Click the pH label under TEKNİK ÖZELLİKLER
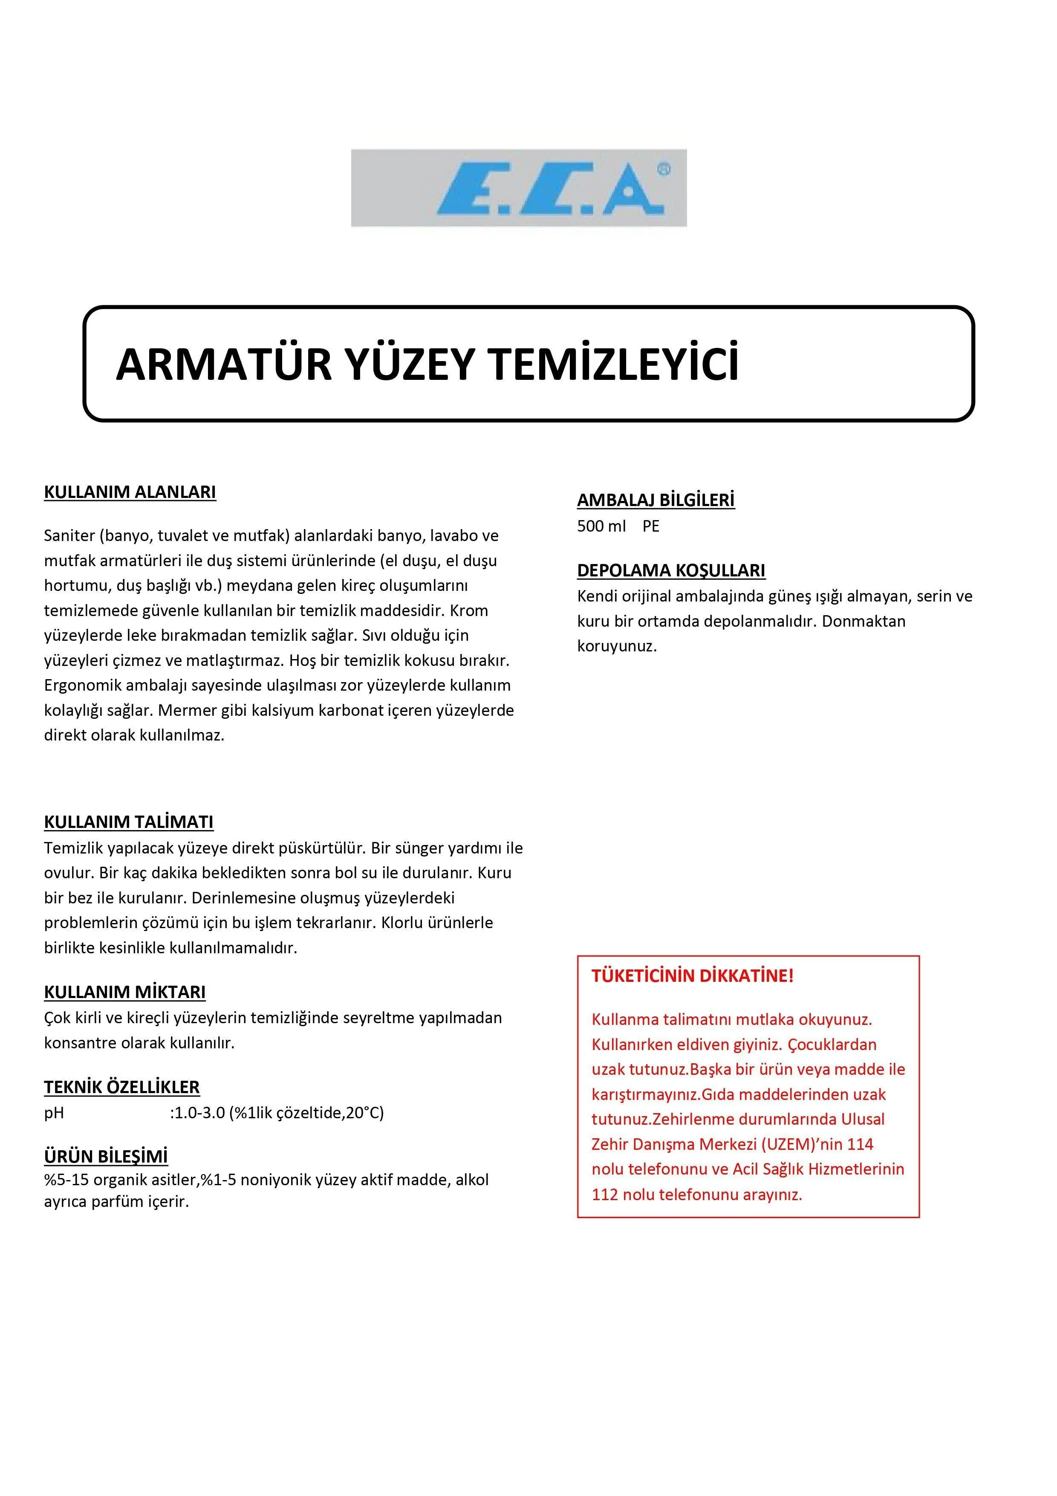point(54,1113)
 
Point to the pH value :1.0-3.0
point(196,1112)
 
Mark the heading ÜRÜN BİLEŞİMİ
point(106,1157)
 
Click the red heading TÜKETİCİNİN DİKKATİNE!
point(692,976)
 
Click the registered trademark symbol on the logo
point(663,169)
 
